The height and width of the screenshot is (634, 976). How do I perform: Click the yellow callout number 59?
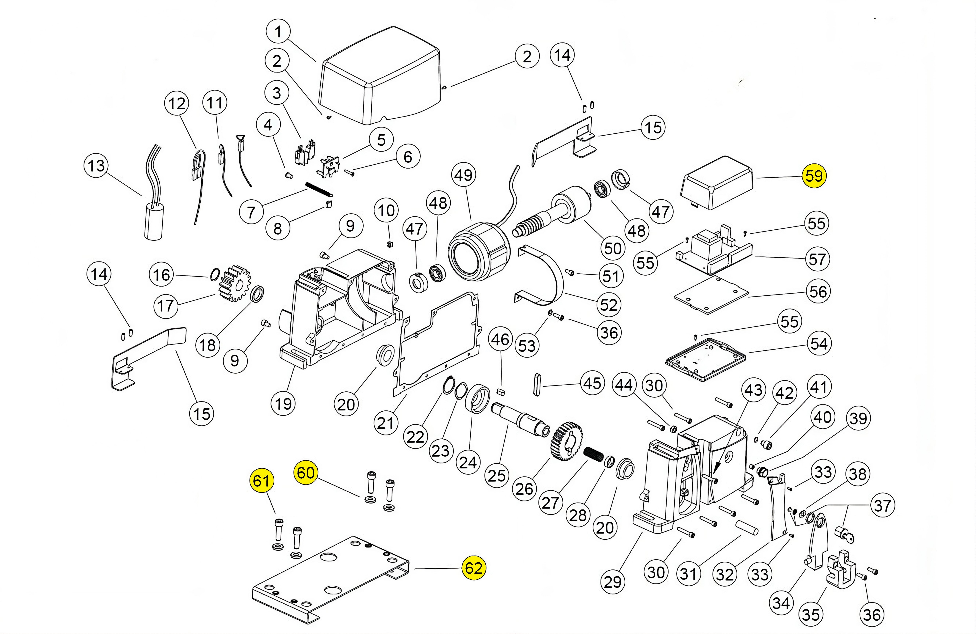click(x=814, y=176)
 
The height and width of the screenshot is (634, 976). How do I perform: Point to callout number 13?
click(x=96, y=166)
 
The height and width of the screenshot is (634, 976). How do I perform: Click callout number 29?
click(x=613, y=582)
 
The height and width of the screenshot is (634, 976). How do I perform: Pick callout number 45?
click(x=592, y=384)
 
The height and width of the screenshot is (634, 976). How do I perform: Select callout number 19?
click(x=283, y=404)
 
